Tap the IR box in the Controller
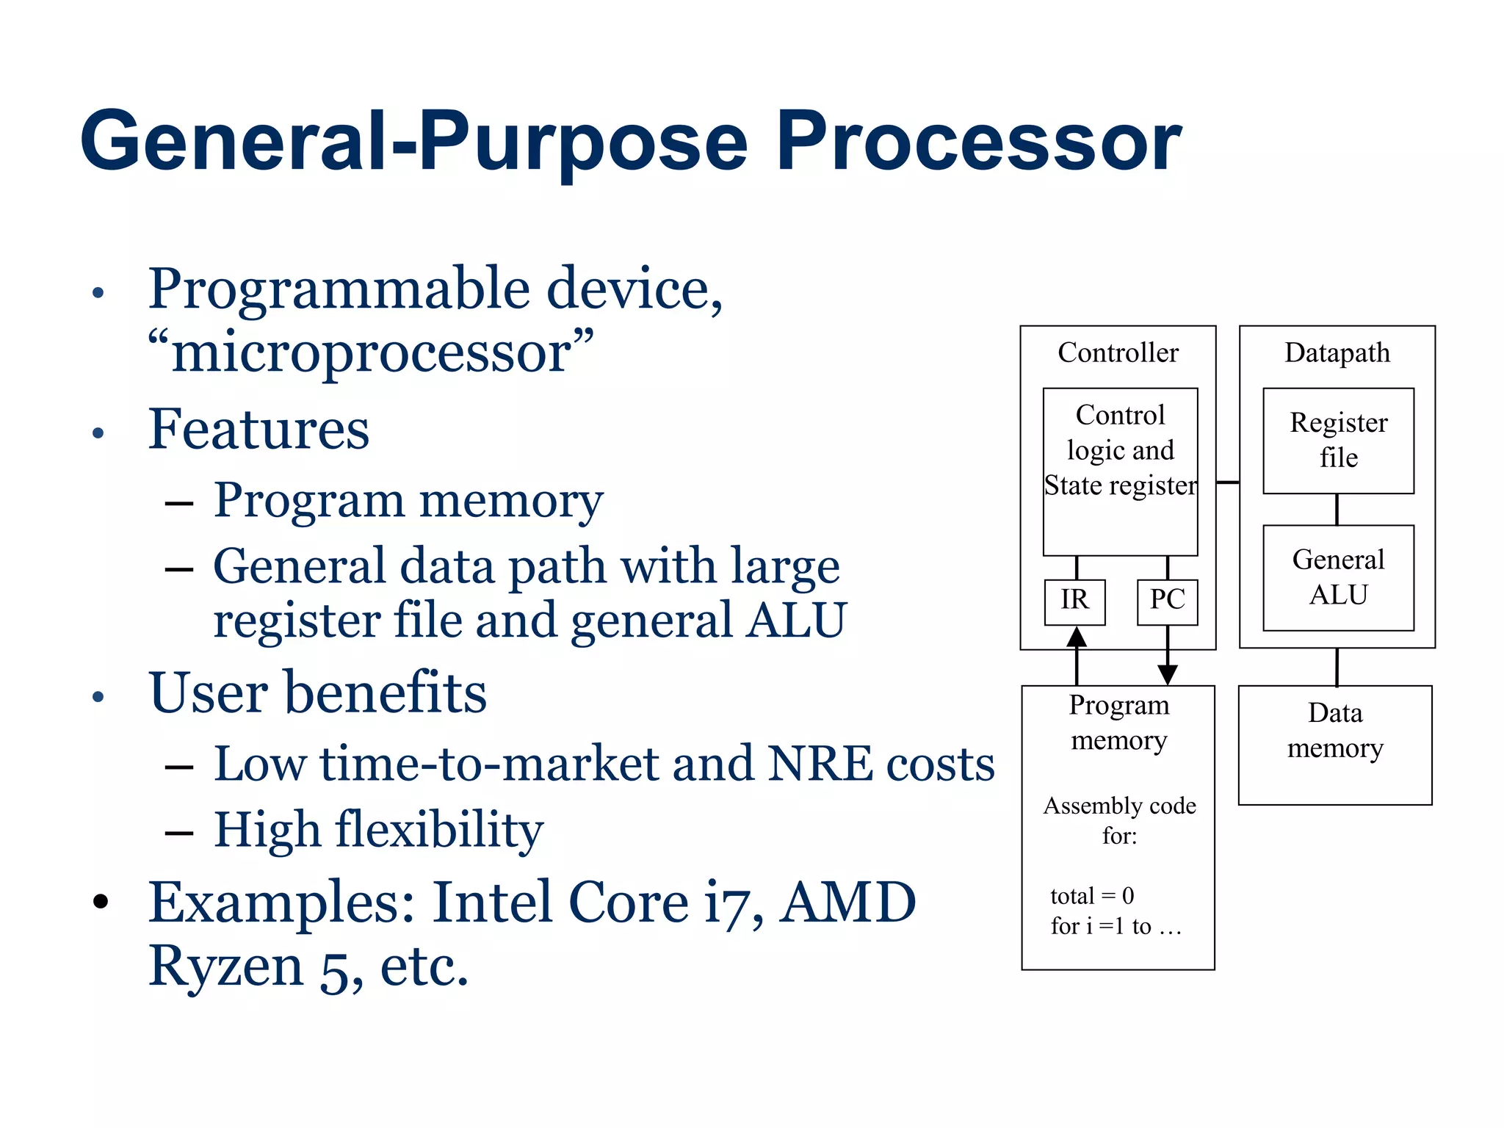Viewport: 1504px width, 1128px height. [1074, 601]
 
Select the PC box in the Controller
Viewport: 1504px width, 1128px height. [1167, 601]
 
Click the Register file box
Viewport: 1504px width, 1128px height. [1338, 441]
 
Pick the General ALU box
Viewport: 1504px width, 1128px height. [1338, 577]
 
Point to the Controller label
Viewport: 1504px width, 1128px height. [1118, 353]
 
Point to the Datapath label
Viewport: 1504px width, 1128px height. [1337, 353]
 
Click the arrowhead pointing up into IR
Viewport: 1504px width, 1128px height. [1077, 637]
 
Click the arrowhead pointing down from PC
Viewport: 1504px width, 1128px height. [1168, 674]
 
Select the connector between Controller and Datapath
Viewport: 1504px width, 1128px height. [1227, 482]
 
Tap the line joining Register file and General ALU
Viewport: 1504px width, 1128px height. [1337, 509]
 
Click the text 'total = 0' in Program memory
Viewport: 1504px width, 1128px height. [1092, 896]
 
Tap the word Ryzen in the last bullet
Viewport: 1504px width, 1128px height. [226, 966]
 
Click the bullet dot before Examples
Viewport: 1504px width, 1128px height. [101, 902]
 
